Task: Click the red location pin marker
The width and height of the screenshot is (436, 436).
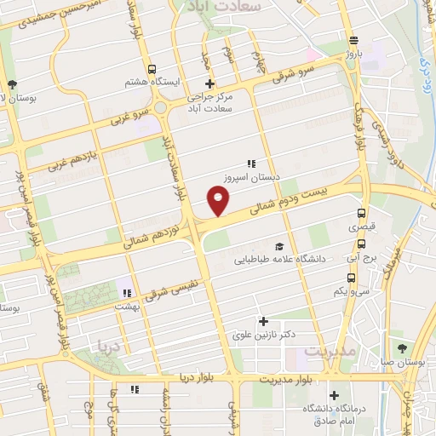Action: point(219,202)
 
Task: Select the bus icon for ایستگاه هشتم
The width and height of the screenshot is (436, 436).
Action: point(151,69)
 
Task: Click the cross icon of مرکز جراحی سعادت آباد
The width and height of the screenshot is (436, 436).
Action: point(209,83)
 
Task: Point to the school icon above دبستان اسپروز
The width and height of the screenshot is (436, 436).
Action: point(250,163)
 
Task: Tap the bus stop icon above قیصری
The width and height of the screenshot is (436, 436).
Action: point(362,214)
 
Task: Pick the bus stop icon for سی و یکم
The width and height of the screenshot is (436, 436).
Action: point(351,278)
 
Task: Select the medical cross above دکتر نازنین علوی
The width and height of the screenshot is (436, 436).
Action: point(263,322)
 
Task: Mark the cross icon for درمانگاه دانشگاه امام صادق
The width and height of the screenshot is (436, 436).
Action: point(335,395)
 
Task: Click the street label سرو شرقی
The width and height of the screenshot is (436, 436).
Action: point(294,77)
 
